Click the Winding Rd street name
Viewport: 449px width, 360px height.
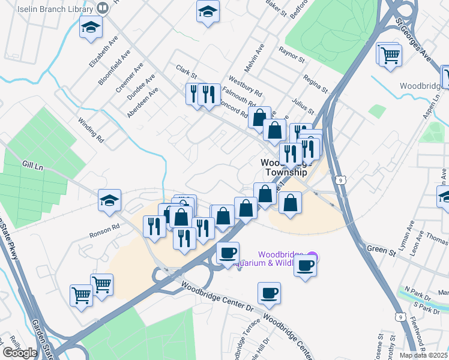[91, 130]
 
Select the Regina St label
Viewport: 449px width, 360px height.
[315, 82]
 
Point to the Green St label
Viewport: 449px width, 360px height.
[378, 247]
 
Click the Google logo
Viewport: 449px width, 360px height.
[20, 353]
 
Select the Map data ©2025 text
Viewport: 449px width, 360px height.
[423, 355]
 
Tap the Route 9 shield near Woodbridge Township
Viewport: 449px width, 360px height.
[340, 179]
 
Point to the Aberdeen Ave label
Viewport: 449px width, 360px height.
[142, 102]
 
